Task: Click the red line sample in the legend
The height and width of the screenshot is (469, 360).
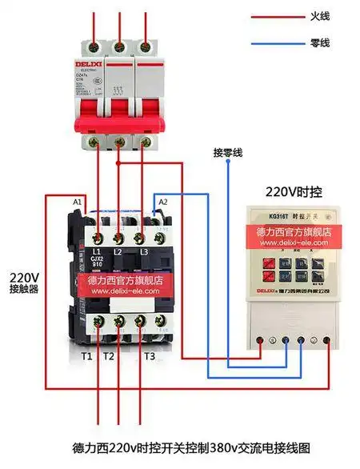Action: pyautogui.click(x=274, y=16)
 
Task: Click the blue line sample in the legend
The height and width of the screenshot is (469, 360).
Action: pyautogui.click(x=274, y=42)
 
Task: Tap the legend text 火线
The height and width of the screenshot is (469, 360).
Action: pyautogui.click(x=319, y=16)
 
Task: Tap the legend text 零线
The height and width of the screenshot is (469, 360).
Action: pyautogui.click(x=319, y=42)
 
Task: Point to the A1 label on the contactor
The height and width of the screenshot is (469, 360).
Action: pyautogui.click(x=78, y=202)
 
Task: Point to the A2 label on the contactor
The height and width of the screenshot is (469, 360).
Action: pyautogui.click(x=163, y=202)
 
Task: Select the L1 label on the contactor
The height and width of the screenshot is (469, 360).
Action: pyautogui.click(x=97, y=251)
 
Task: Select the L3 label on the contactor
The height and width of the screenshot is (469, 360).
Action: pyautogui.click(x=145, y=251)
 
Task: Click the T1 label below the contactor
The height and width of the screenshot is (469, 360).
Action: pyautogui.click(x=86, y=355)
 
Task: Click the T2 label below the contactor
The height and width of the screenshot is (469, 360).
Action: pyautogui.click(x=110, y=355)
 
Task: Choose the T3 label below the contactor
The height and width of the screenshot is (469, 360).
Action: pyautogui.click(x=150, y=355)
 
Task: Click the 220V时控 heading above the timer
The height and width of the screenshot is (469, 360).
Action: pyautogui.click(x=291, y=192)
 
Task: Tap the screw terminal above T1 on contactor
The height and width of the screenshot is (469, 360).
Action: pyautogui.click(x=97, y=321)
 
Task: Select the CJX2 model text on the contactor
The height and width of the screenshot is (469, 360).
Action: pyautogui.click(x=97, y=259)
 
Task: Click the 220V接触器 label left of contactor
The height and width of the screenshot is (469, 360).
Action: pyautogui.click(x=24, y=284)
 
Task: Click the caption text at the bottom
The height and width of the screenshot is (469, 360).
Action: pyautogui.click(x=180, y=447)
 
